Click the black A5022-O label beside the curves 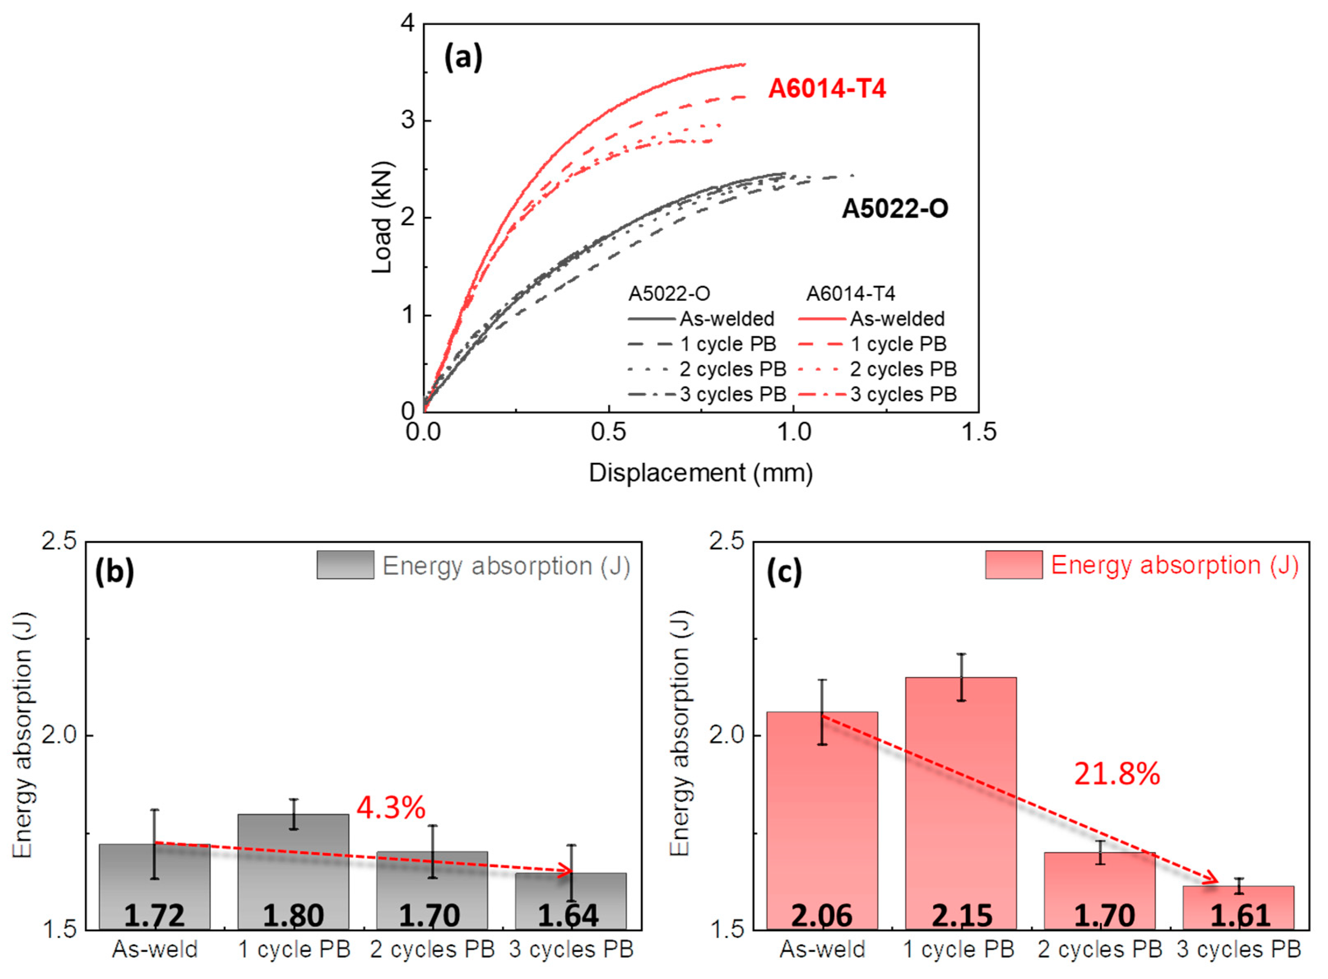coord(895,209)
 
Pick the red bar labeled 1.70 coord(1099,889)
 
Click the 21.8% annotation coord(1117,774)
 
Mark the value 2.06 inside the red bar coord(822,916)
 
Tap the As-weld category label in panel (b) coord(155,949)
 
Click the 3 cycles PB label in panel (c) coord(1239,949)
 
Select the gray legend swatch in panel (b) coord(345,565)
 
